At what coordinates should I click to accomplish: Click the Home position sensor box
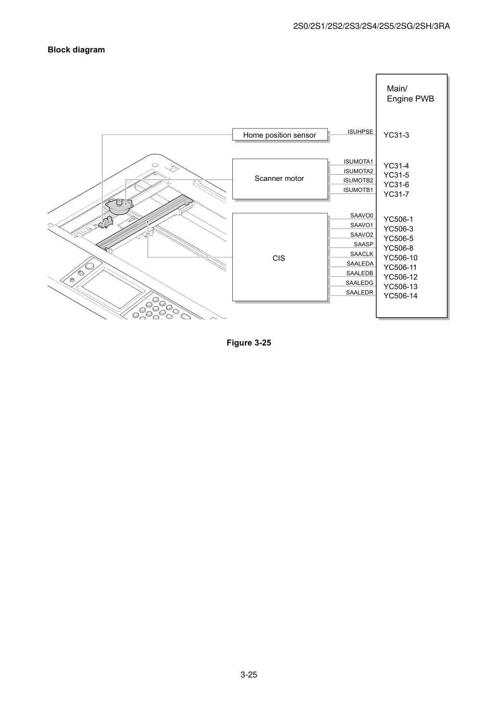[x=280, y=135]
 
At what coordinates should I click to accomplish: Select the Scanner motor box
[x=280, y=179]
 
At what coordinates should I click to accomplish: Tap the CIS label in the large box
[x=279, y=258]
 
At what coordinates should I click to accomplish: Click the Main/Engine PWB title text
[x=410, y=93]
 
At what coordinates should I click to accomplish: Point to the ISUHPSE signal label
[x=360, y=132]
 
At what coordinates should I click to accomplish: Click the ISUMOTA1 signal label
[x=358, y=162]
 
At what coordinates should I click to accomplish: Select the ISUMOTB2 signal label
[x=358, y=180]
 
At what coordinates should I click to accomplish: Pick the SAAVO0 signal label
[x=362, y=216]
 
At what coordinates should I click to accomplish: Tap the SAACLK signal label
[x=362, y=254]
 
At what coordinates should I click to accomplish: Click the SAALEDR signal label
[x=359, y=293]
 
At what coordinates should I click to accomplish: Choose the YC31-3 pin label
[x=396, y=135]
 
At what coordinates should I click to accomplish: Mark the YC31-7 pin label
[x=396, y=194]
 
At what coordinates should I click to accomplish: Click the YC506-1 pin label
[x=398, y=219]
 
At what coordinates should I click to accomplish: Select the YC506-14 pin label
[x=400, y=296]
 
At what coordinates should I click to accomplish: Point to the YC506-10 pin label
[x=400, y=258]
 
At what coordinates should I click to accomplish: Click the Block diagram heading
[x=76, y=50]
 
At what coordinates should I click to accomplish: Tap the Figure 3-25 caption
[x=249, y=343]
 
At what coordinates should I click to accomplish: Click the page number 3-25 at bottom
[x=249, y=675]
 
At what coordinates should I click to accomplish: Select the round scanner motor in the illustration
[x=119, y=206]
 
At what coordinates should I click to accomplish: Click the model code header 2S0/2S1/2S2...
[x=371, y=26]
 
